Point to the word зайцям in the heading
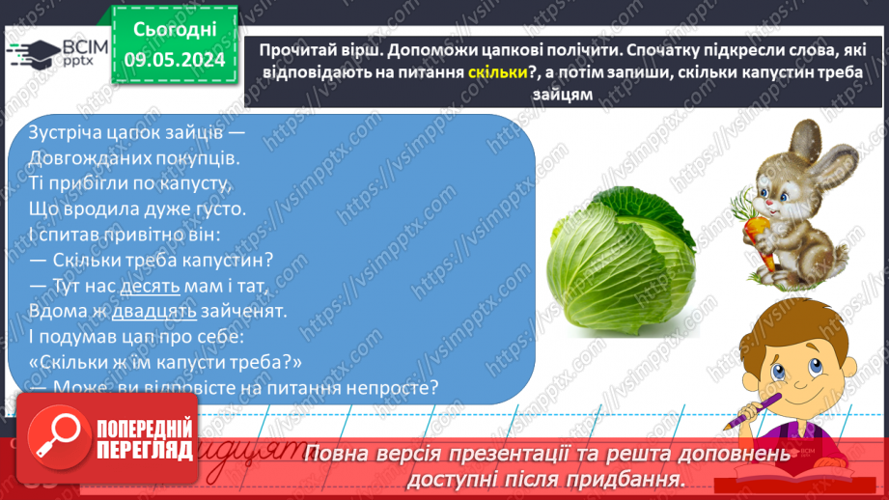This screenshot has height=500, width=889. (560, 94)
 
